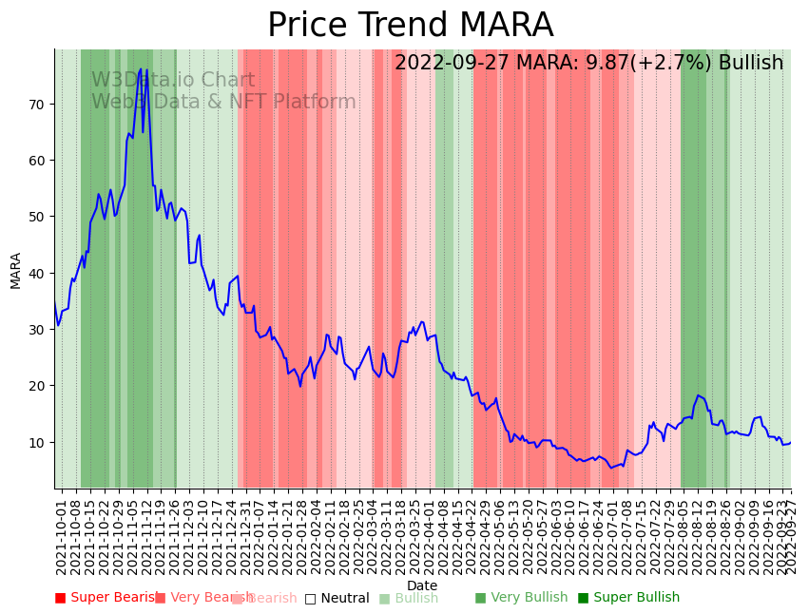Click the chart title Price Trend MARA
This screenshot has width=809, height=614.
coord(410,26)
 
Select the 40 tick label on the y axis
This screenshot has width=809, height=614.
coord(36,273)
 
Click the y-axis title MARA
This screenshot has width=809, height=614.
coord(16,270)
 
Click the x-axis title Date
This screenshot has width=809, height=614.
coord(422,586)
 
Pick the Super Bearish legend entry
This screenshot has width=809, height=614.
coord(106,598)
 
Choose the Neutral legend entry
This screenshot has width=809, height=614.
coord(337,598)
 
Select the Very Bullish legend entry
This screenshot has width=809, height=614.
coord(521,598)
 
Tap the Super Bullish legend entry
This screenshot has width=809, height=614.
coord(628,598)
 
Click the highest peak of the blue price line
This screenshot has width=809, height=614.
coord(141,69)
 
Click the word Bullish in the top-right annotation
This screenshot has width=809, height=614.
coord(751,63)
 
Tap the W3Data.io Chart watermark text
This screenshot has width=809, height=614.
coord(173,81)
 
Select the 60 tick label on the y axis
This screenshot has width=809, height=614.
coord(36,160)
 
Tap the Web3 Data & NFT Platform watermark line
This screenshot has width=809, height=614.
coord(223,103)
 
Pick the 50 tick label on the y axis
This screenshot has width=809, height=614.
coord(36,216)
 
